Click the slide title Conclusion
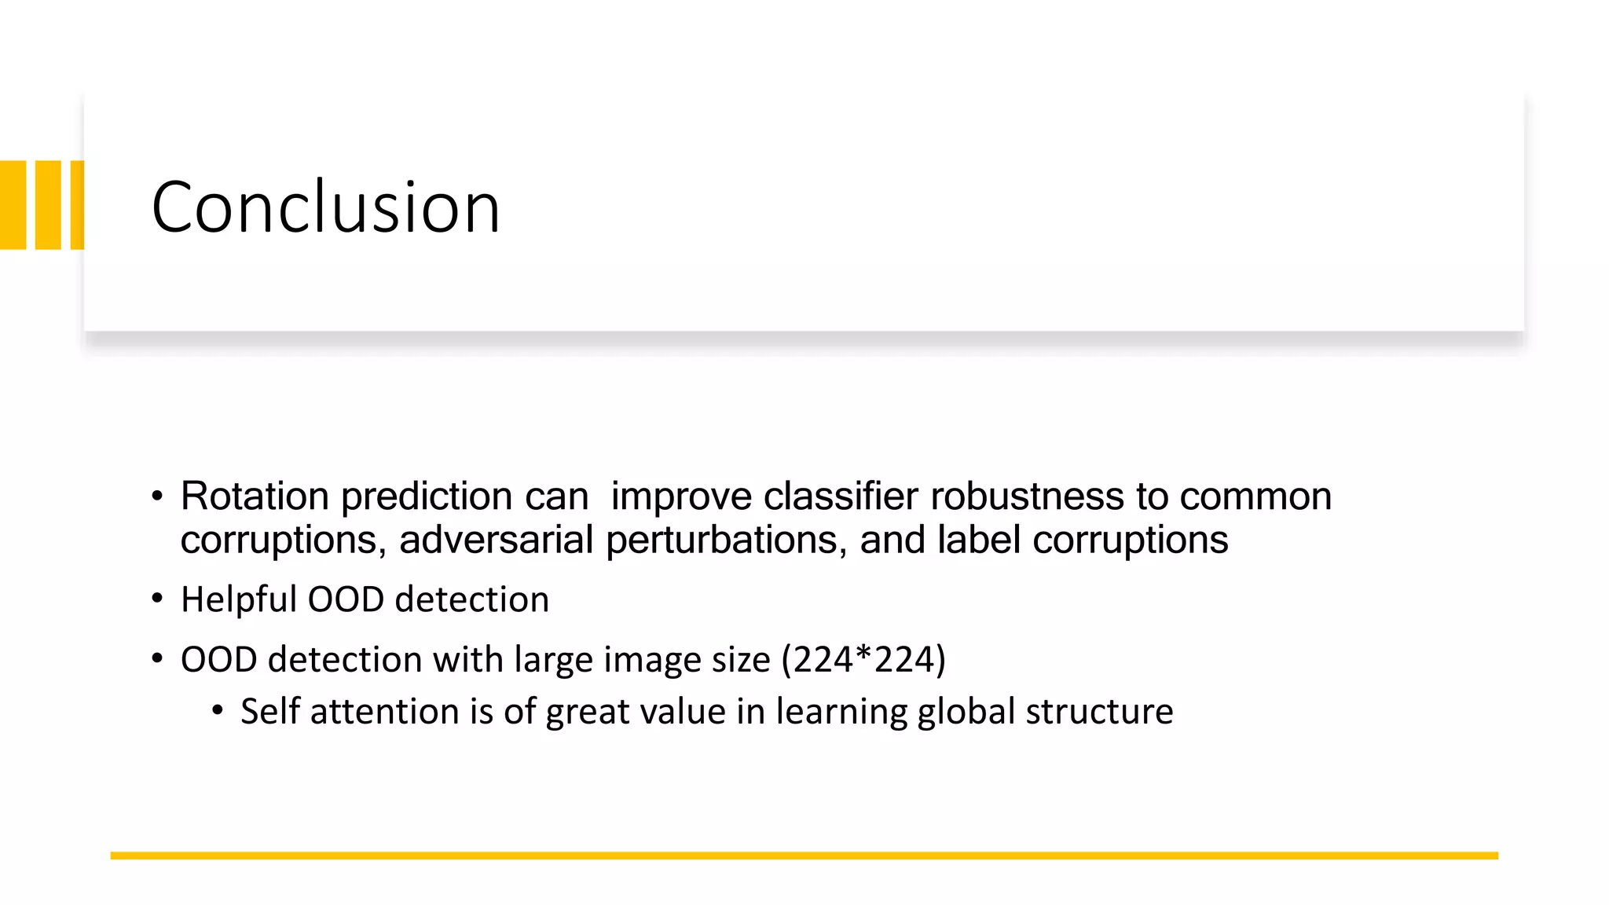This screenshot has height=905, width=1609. (325, 207)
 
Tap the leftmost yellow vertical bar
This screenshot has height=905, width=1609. (13, 205)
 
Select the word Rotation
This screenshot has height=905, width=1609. (255, 496)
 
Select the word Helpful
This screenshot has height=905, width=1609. (238, 600)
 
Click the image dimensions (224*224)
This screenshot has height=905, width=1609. (863, 660)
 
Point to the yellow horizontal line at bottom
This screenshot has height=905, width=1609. (804, 856)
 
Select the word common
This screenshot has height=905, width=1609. (1255, 496)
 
